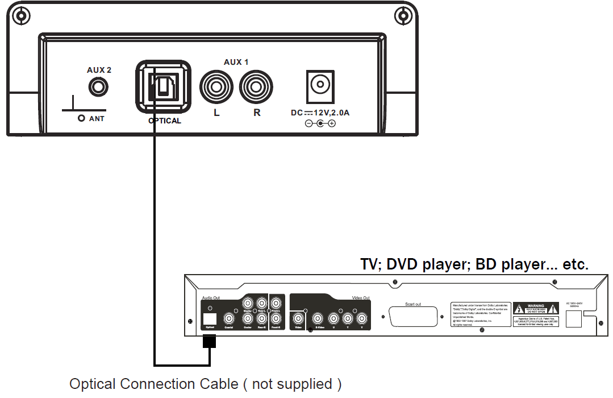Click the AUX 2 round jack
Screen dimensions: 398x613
point(99,88)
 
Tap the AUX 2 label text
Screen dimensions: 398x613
point(99,70)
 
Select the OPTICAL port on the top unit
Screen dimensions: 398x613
point(163,87)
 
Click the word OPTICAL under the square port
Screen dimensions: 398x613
point(165,121)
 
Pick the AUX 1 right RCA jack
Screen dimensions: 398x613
point(257,88)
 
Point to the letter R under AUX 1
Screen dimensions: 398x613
point(257,113)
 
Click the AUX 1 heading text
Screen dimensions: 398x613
point(236,61)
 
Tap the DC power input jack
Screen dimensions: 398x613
point(320,86)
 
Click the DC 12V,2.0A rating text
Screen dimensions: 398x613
point(320,113)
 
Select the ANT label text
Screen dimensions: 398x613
point(97,119)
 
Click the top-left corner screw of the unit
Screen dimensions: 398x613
point(21,15)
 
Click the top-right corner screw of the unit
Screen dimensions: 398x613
point(403,15)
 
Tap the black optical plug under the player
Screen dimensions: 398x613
point(210,341)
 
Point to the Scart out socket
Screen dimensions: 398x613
point(414,315)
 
